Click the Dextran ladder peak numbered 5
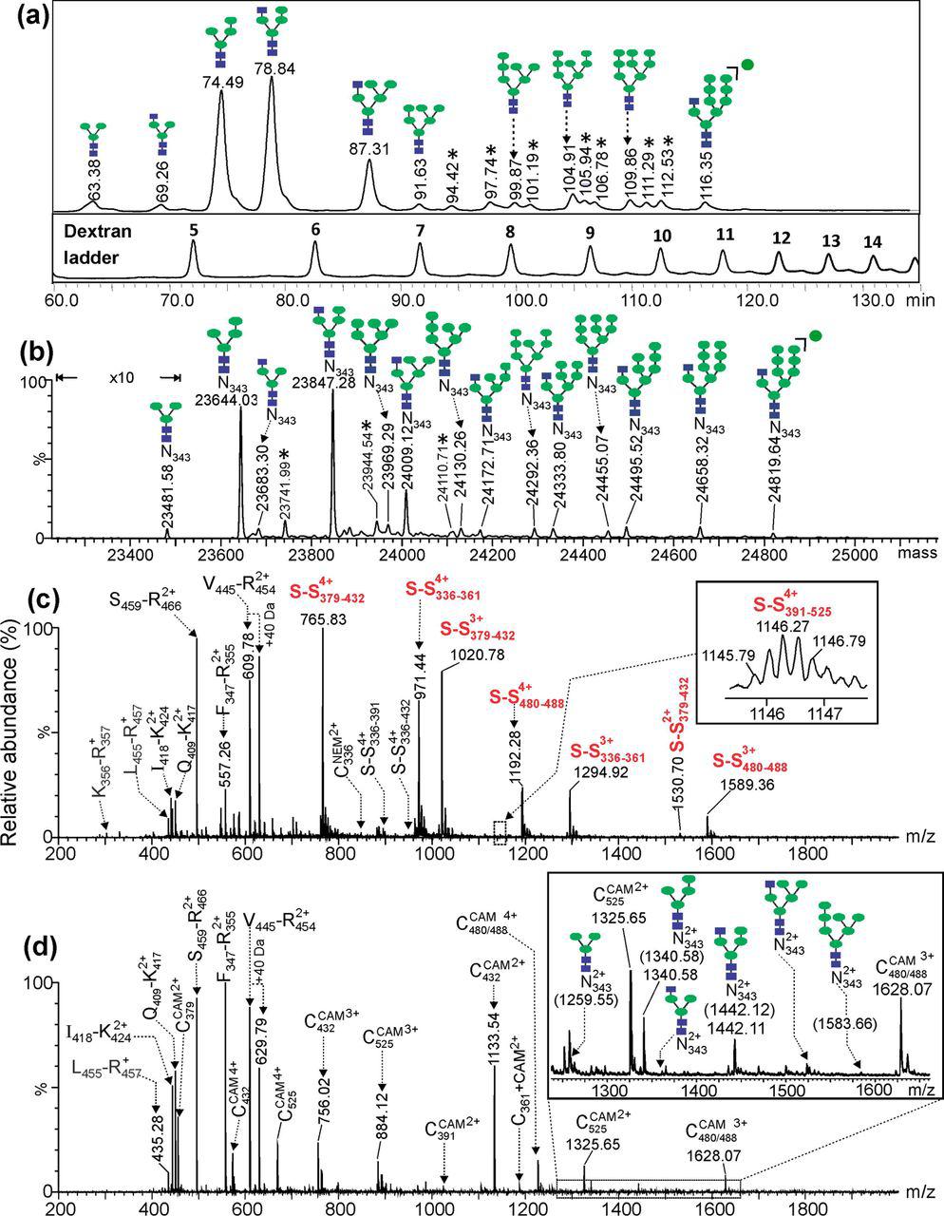coord(194,228)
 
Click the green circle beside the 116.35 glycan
coord(747,65)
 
